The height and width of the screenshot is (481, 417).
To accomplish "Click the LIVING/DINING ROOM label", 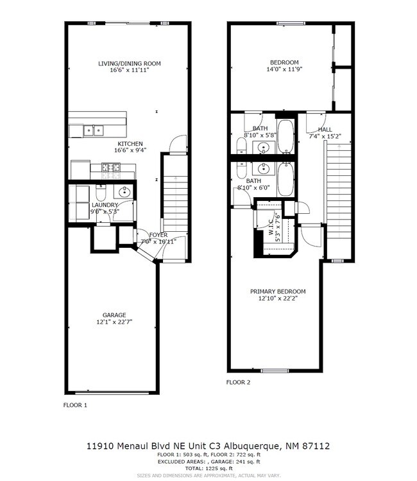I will click(x=129, y=64).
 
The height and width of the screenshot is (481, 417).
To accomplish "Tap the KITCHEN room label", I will click(x=129, y=144).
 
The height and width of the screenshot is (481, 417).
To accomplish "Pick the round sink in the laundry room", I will click(x=123, y=192).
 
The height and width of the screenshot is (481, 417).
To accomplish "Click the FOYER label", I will click(x=158, y=235).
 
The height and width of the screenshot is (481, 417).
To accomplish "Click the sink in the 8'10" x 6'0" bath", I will click(x=263, y=168).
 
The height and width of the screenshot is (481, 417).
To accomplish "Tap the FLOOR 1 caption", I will click(x=75, y=405).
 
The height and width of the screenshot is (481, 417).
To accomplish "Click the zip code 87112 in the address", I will click(x=315, y=445).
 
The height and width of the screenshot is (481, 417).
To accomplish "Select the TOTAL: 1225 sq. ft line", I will click(x=208, y=468).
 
